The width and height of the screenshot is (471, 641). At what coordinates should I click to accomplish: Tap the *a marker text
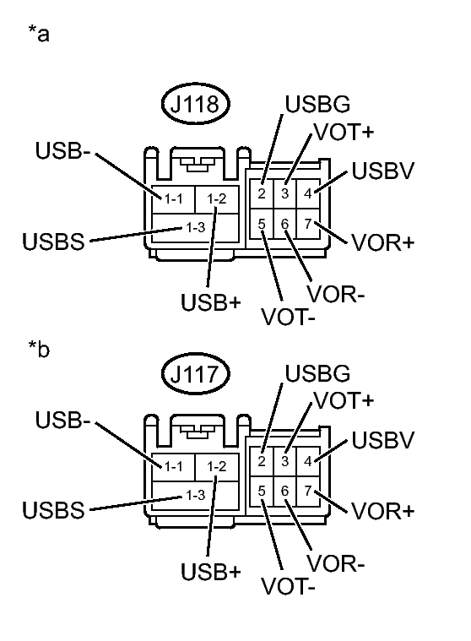click(38, 35)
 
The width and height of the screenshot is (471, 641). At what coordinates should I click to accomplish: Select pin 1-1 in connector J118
click(172, 198)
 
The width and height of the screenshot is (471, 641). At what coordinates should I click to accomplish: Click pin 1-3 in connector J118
click(194, 227)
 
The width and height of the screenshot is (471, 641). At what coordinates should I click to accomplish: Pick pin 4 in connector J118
click(308, 193)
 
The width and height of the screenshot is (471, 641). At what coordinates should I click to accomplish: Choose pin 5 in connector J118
click(263, 224)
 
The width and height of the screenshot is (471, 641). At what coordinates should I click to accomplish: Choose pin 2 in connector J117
click(263, 460)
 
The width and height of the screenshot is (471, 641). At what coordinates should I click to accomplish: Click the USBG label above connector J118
click(317, 105)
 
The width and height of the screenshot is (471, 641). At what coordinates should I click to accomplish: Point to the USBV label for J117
click(382, 441)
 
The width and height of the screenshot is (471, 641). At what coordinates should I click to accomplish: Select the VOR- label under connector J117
click(336, 563)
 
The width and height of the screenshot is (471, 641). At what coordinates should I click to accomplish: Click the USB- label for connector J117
click(62, 420)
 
